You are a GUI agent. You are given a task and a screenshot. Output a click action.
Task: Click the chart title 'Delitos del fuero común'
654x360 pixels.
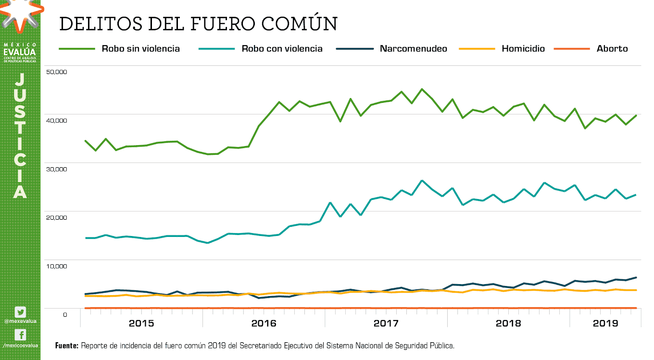[x=198, y=24]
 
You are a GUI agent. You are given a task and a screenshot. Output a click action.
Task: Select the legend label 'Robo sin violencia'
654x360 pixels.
[x=140, y=49]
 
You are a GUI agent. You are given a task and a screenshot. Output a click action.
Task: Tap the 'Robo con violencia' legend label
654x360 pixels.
[x=282, y=49]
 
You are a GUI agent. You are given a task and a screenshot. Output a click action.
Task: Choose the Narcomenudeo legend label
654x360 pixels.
[x=413, y=49]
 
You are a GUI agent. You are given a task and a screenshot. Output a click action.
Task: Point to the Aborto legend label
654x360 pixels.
[x=612, y=49]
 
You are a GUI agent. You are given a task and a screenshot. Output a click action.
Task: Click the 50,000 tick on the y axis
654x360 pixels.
[x=56, y=72]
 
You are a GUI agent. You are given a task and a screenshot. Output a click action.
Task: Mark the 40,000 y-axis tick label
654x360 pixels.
[x=56, y=120]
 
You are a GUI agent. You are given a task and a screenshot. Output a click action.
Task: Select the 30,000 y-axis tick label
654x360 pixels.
[x=56, y=169]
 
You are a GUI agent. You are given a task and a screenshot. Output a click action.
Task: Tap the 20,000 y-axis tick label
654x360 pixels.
[x=56, y=217]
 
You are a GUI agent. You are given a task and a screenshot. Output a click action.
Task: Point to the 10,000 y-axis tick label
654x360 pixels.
[x=56, y=266]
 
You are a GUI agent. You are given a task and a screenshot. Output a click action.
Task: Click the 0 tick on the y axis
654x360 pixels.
[x=64, y=314]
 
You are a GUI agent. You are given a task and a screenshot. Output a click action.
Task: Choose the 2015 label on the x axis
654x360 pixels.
[x=141, y=323]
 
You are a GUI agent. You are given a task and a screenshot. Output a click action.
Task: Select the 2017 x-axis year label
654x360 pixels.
[x=386, y=323]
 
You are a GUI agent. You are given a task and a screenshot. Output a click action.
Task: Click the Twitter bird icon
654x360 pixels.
[x=20, y=312]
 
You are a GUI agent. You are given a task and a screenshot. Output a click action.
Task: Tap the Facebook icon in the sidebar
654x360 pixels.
[x=20, y=335]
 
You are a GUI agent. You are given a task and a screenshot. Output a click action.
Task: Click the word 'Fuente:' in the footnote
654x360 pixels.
[x=67, y=346]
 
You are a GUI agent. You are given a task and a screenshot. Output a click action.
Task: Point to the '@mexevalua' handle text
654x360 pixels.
[x=20, y=321]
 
